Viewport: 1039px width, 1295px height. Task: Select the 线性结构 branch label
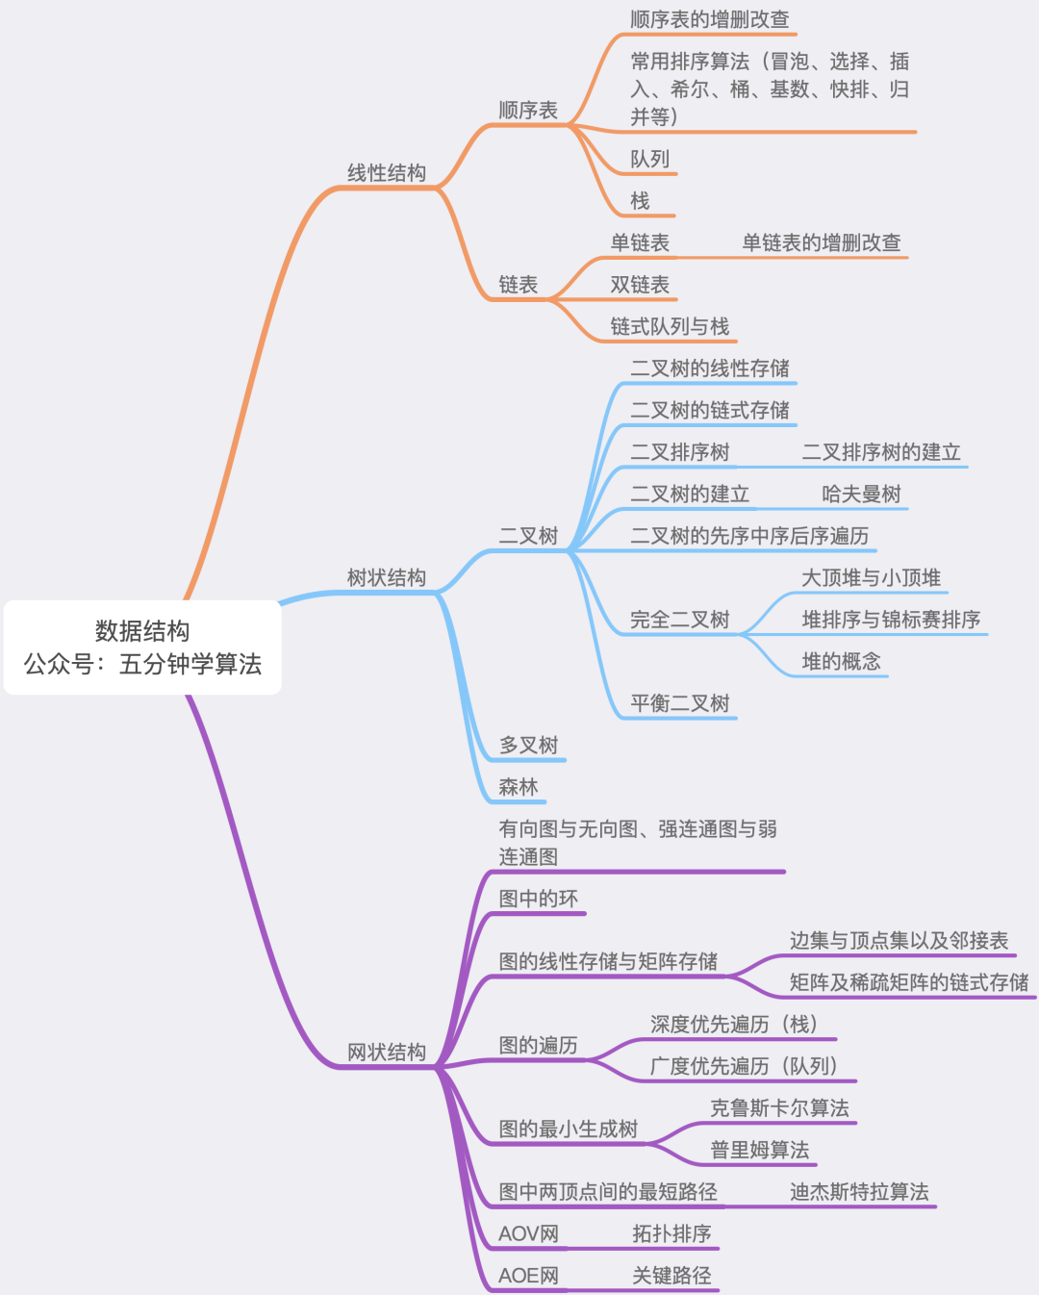tap(386, 173)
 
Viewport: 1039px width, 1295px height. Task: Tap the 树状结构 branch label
tap(386, 578)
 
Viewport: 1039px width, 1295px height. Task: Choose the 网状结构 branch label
tap(386, 1053)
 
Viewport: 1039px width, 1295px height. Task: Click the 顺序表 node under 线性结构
tap(528, 111)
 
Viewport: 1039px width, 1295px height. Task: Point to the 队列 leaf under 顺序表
tap(649, 159)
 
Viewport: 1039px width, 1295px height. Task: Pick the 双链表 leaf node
tap(640, 285)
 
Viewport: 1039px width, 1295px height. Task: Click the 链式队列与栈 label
tap(670, 327)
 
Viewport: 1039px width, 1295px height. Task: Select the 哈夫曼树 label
tap(861, 495)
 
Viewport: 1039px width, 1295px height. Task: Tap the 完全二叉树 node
tap(679, 621)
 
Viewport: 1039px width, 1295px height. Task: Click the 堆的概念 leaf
tap(841, 662)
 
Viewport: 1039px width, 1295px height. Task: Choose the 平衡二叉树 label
tap(679, 704)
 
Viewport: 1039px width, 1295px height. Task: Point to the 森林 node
tap(518, 787)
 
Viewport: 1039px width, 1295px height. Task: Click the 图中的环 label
tap(538, 899)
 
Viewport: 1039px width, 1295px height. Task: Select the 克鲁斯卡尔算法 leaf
tap(779, 1108)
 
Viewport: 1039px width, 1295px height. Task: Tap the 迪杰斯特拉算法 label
tap(859, 1192)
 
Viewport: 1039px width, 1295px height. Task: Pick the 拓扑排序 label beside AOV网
tap(672, 1233)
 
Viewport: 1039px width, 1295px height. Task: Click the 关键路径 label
tap(672, 1276)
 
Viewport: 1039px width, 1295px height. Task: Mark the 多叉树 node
tap(528, 746)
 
